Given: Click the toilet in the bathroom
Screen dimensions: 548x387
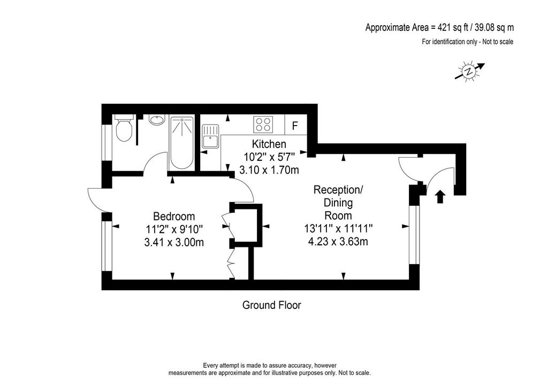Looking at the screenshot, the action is pos(124,128).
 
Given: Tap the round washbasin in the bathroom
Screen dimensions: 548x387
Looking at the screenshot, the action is pos(157,120).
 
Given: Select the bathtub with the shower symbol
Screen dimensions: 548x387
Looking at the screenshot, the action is pos(181,143).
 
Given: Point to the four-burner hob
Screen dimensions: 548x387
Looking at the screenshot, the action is pos(263,125).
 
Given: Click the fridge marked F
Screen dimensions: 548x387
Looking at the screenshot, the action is pos(295,125).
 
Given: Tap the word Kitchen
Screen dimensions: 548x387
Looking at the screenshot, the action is pos(269,144).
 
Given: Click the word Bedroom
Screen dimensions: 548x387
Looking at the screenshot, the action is pos(174,216).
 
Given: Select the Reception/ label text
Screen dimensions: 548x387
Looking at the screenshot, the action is pos(338,190).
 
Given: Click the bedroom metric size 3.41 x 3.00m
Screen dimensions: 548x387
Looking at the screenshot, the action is pos(174,242).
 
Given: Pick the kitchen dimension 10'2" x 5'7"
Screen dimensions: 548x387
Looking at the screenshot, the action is pos(269,157).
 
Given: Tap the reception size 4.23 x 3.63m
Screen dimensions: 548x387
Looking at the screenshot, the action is pos(338,242).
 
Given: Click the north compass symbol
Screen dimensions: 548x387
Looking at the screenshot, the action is pos(469,72).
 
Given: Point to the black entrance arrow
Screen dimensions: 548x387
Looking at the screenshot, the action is pos(440,197).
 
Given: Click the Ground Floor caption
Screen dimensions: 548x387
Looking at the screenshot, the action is pos(271,305).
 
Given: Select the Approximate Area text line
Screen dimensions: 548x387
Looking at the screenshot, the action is pos(439,27).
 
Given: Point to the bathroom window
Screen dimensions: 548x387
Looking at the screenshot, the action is pos(106,142).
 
